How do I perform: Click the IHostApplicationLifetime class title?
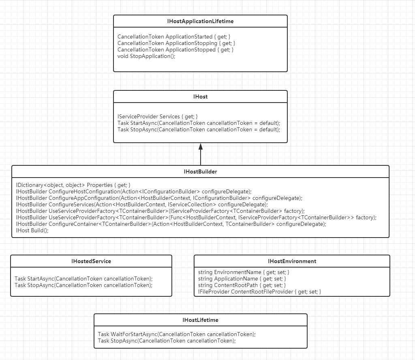pyautogui.click(x=200, y=21)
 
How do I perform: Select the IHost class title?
pyautogui.click(x=200, y=96)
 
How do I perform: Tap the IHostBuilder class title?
pyautogui.click(x=200, y=171)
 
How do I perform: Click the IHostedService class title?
pyautogui.click(x=91, y=261)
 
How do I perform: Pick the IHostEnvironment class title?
pyautogui.click(x=292, y=261)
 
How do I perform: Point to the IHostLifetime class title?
pyautogui.click(x=200, y=320)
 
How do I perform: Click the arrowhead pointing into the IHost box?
pyautogui.click(x=200, y=147)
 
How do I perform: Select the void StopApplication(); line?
pyautogui.click(x=146, y=56)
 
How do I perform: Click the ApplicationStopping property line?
pyautogui.click(x=176, y=43)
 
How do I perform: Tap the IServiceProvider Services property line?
pyautogui.click(x=158, y=116)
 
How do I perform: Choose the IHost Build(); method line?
pyautogui.click(x=32, y=230)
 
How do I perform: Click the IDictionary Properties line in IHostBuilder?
pyautogui.click(x=73, y=185)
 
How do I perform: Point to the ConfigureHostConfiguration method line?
pyautogui.click(x=134, y=191)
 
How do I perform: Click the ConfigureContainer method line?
pyautogui.click(x=171, y=224)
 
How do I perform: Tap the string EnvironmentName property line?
pyautogui.click(x=244, y=272)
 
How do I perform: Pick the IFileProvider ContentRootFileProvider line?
pyautogui.click(x=259, y=291)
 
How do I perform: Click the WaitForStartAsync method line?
pyautogui.click(x=177, y=334)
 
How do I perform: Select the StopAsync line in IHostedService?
pyautogui.click(x=83, y=285)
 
